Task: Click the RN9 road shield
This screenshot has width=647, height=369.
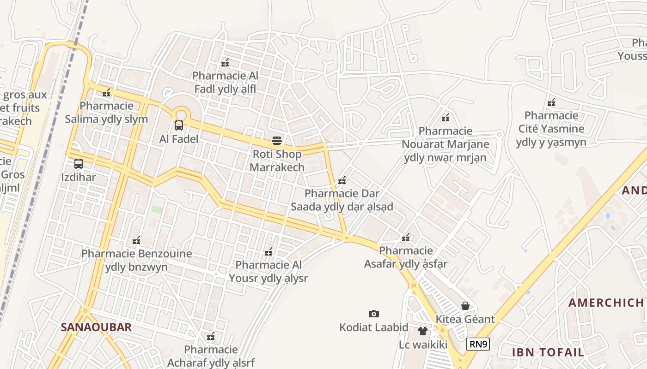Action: point(478,344)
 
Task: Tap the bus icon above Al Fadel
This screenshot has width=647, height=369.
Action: point(178,125)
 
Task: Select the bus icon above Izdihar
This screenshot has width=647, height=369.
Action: point(79,163)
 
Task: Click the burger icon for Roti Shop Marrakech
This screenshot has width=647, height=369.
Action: point(277,140)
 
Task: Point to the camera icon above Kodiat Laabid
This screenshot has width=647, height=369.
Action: point(374,314)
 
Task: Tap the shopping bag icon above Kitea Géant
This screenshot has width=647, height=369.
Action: point(465,305)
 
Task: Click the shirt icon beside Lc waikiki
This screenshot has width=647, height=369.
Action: point(422,331)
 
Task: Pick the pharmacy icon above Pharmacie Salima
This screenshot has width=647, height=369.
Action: point(106,93)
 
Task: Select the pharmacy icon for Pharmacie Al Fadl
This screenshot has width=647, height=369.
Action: point(225,62)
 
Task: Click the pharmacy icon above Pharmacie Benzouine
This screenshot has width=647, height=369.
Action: point(136,240)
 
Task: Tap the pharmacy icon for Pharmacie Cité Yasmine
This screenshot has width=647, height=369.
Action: point(551,102)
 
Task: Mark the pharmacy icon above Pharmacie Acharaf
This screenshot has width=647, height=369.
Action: point(211,336)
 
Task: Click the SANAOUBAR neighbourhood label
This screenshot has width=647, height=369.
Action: point(96,327)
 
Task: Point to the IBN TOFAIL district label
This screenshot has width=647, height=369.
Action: point(548,352)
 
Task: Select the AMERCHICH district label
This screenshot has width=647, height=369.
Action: point(605,303)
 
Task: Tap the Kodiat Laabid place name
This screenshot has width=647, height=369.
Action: point(374,327)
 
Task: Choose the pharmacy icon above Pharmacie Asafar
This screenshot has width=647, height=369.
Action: point(406,238)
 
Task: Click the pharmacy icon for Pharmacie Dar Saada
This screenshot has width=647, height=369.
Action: point(342,180)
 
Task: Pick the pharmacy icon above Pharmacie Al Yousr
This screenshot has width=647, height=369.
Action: point(268,252)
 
